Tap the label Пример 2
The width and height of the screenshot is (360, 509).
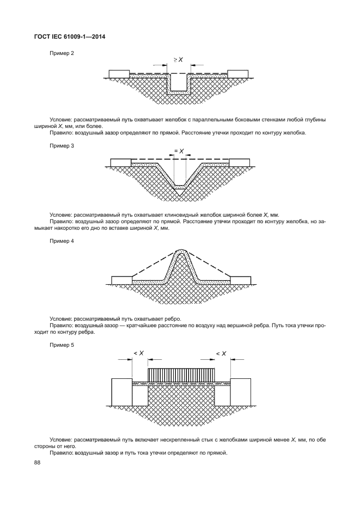(x=62, y=53)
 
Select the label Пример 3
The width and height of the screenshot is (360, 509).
(x=62, y=146)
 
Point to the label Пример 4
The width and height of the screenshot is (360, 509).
(x=62, y=241)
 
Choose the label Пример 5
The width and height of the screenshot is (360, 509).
(x=62, y=345)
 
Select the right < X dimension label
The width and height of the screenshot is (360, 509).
(x=221, y=353)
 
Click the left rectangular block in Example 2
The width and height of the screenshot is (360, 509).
(x=119, y=73)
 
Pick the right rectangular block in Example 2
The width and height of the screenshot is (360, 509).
(x=238, y=73)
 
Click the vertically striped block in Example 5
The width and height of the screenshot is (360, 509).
(x=181, y=375)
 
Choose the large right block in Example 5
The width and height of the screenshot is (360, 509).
(x=241, y=391)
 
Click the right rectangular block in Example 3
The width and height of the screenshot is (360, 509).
(x=240, y=162)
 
